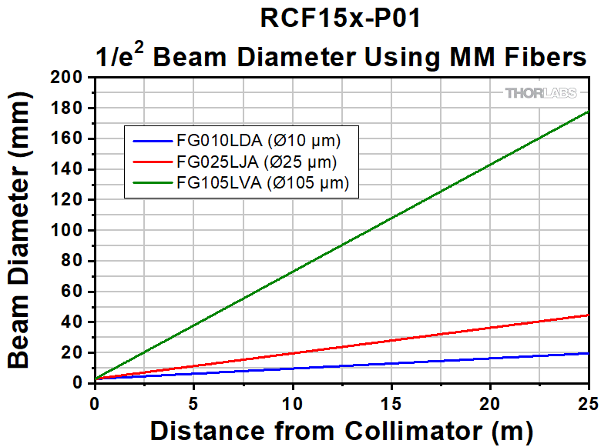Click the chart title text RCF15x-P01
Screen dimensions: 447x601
point(341,19)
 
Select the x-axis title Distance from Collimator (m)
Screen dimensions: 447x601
point(341,429)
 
